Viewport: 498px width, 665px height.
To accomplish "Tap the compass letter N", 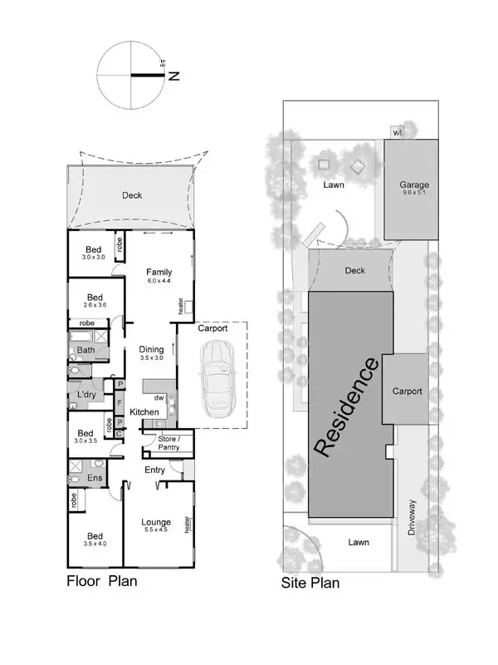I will click(175, 76).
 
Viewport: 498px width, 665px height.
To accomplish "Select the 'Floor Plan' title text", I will click(101, 581).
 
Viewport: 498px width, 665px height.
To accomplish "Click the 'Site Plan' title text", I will click(310, 583).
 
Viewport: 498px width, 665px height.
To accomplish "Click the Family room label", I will click(159, 272).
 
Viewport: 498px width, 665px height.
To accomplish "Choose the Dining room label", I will click(152, 349).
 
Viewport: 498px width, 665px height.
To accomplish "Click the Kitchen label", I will click(144, 412).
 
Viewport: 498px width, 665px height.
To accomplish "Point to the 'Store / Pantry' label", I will click(168, 444).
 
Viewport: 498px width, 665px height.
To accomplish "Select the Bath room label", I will click(86, 351).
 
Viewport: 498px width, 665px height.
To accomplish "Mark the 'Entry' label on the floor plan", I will click(155, 470).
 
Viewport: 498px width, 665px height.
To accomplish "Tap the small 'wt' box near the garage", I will click(398, 131).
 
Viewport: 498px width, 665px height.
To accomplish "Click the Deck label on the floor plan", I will click(131, 196).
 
